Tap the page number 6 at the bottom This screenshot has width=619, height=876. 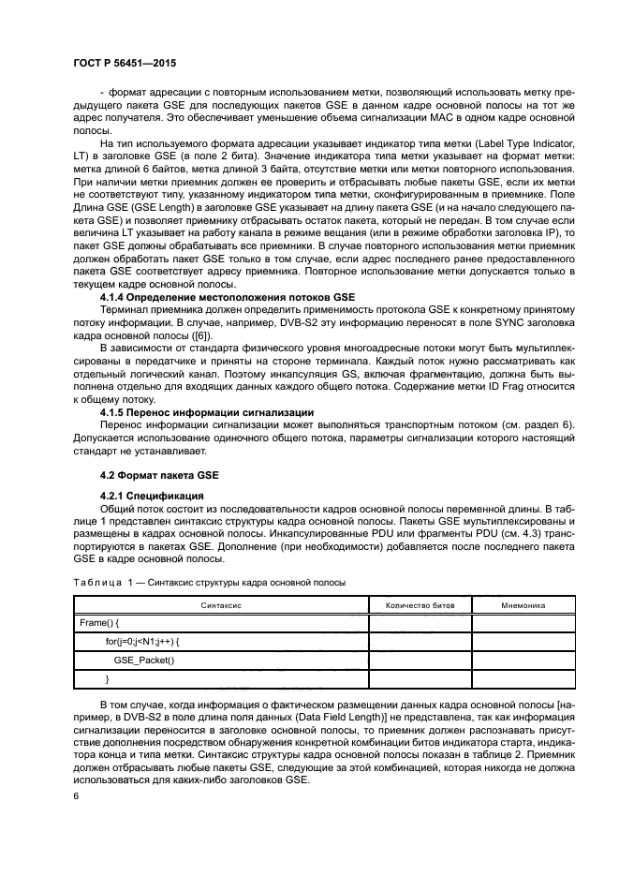pos(75,796)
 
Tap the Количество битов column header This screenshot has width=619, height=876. pos(420,605)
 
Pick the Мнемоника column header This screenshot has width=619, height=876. pos(523,605)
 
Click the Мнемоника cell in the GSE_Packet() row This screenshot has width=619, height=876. pos(523,660)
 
